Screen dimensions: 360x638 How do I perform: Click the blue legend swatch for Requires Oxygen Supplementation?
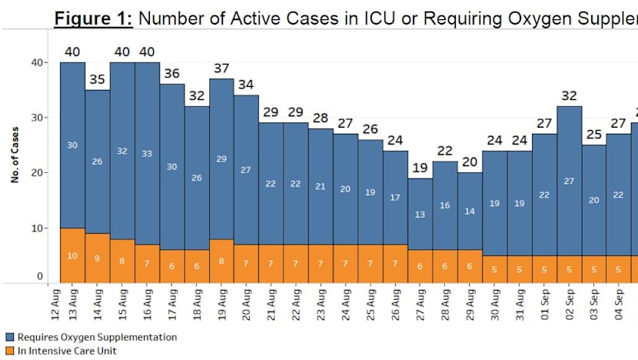click(9, 337)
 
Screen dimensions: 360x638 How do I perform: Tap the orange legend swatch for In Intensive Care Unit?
click(9, 351)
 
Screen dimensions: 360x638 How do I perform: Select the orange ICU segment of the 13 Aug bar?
click(72, 255)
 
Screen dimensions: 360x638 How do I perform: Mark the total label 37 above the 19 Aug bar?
click(221, 68)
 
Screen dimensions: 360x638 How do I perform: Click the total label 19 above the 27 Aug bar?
click(420, 168)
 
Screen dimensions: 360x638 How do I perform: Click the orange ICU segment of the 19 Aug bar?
click(221, 261)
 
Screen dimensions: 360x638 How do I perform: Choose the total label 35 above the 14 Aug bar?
click(97, 79)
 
